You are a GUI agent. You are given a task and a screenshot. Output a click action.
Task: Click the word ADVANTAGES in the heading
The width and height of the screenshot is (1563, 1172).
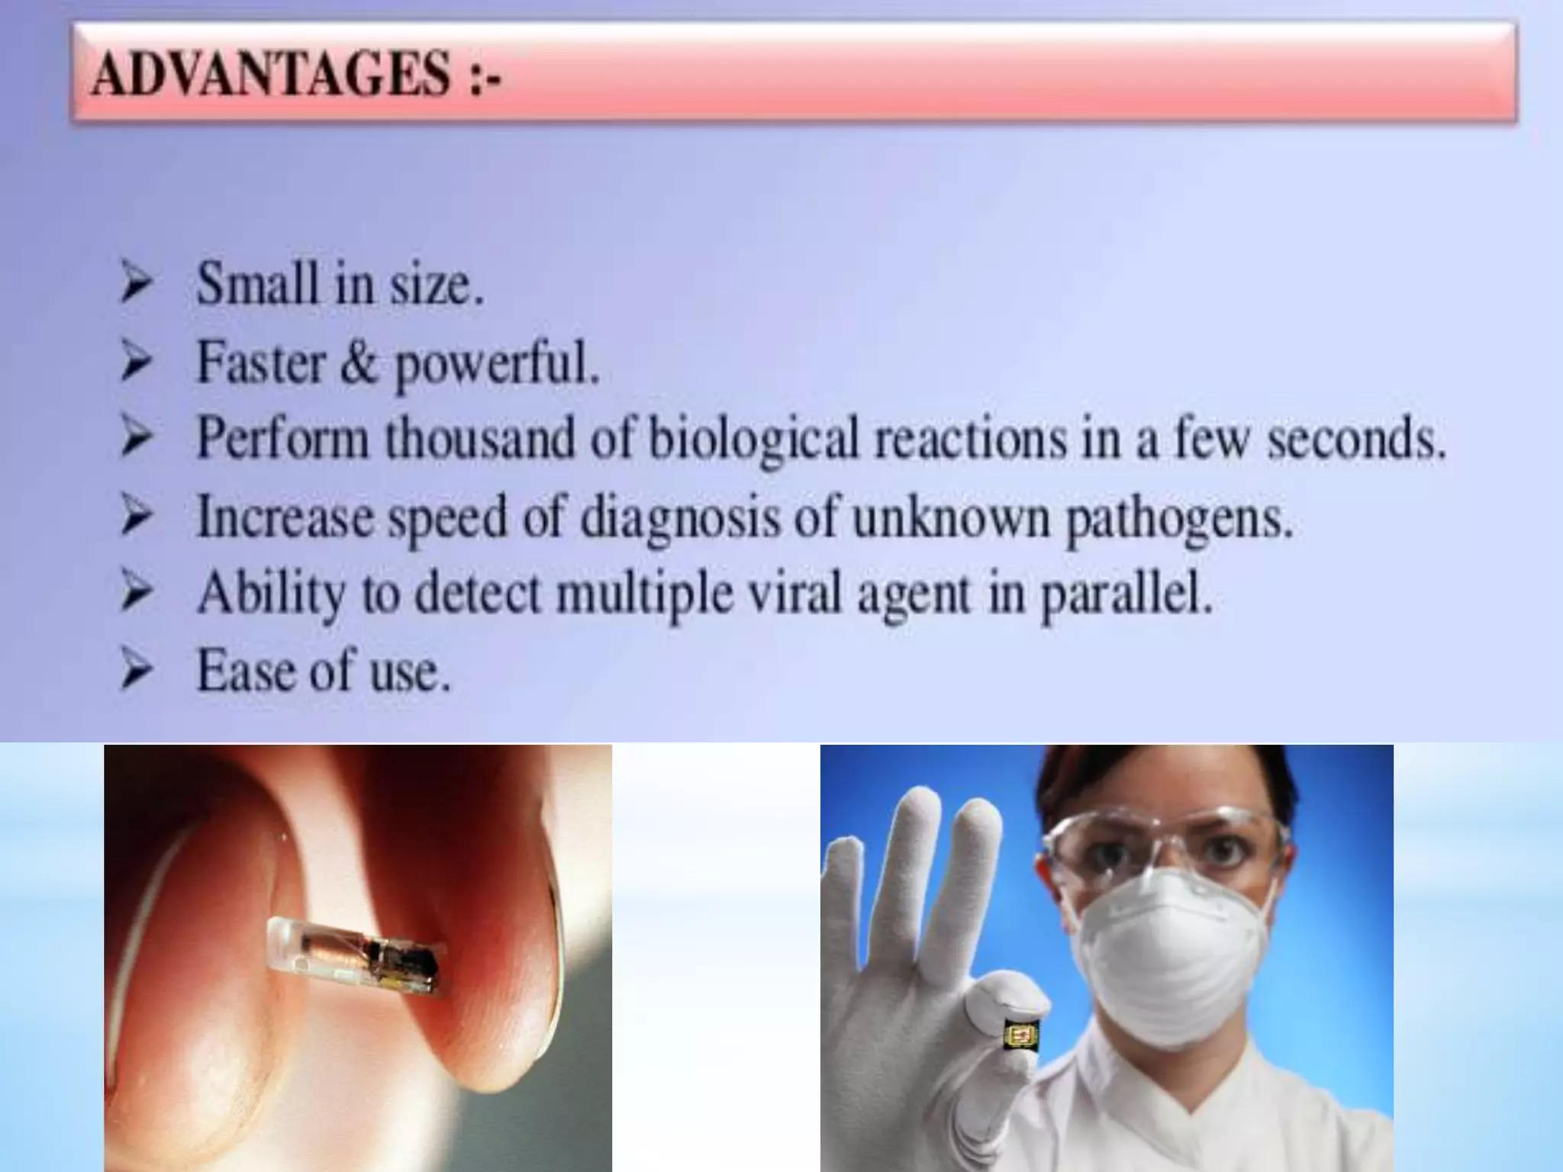click(271, 76)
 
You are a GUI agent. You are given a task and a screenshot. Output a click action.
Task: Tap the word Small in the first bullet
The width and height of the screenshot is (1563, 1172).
click(256, 284)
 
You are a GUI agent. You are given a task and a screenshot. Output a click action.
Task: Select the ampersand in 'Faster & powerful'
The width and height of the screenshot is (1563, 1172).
click(359, 362)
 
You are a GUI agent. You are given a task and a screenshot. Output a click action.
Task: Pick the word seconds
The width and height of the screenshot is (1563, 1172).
click(1357, 441)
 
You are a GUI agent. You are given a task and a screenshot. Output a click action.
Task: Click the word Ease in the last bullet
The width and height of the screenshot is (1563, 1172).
click(247, 671)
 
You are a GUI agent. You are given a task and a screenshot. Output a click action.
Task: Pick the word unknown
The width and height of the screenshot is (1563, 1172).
click(953, 517)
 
